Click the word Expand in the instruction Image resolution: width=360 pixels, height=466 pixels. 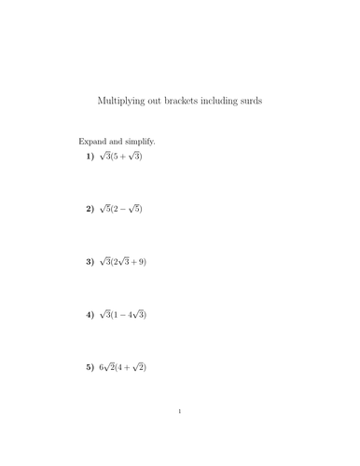(93, 142)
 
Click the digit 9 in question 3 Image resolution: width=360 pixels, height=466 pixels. (140, 263)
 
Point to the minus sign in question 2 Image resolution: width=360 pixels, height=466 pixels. (126, 210)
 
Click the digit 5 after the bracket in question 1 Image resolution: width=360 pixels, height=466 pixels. (116, 157)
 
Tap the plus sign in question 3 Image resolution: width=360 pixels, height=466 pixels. (132, 263)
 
